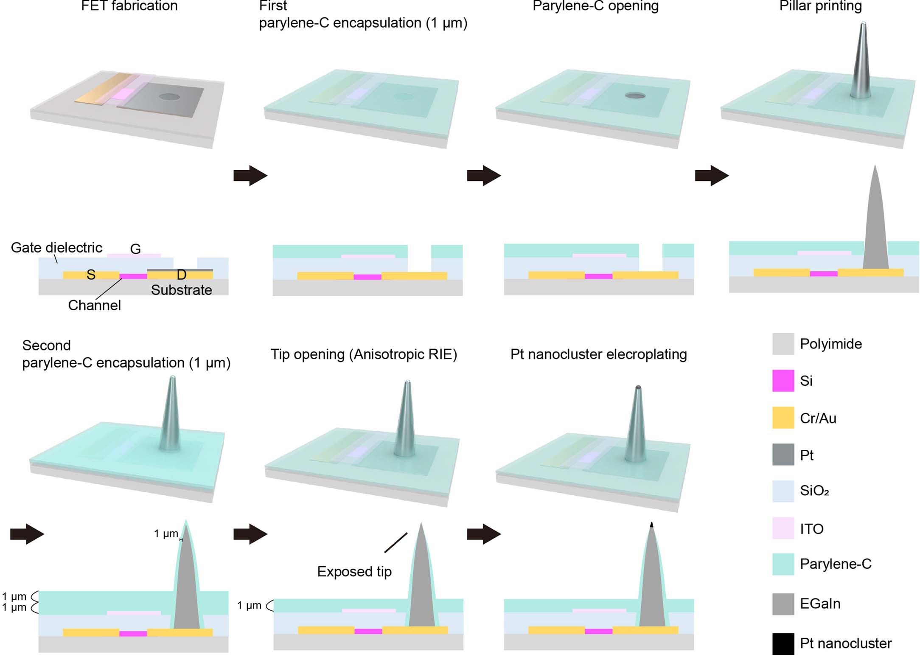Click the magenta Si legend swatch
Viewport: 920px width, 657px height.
pyautogui.click(x=783, y=381)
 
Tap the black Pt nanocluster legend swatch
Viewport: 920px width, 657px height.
pyautogui.click(x=783, y=643)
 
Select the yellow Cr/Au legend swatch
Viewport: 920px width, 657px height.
pyautogui.click(x=783, y=418)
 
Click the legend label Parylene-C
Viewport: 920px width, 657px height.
pyautogui.click(x=835, y=564)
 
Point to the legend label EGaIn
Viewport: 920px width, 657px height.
pyautogui.click(x=820, y=604)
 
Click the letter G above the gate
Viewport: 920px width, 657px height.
pyautogui.click(x=135, y=249)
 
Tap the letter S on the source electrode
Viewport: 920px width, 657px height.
pyautogui.click(x=91, y=275)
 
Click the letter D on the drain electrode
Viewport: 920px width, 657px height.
pyautogui.click(x=182, y=275)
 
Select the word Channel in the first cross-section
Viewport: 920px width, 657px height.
pyautogui.click(x=94, y=305)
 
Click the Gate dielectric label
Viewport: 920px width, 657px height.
pyautogui.click(x=56, y=247)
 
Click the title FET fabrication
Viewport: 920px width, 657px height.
pyautogui.click(x=129, y=6)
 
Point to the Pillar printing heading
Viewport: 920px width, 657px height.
pyautogui.click(x=820, y=6)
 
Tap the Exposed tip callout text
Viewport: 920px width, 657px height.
pyautogui.click(x=354, y=572)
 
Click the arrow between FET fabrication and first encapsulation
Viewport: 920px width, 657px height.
pyautogui.click(x=250, y=175)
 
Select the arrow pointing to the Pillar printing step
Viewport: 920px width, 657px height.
pyautogui.click(x=712, y=175)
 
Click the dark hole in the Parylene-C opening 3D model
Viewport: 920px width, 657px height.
pyautogui.click(x=635, y=95)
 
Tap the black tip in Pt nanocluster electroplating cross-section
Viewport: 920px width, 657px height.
pyautogui.click(x=651, y=525)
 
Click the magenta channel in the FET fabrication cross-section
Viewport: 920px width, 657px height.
pyautogui.click(x=133, y=276)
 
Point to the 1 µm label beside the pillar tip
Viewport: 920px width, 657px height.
pyautogui.click(x=166, y=533)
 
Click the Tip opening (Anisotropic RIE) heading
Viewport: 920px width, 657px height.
pyautogui.click(x=364, y=354)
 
